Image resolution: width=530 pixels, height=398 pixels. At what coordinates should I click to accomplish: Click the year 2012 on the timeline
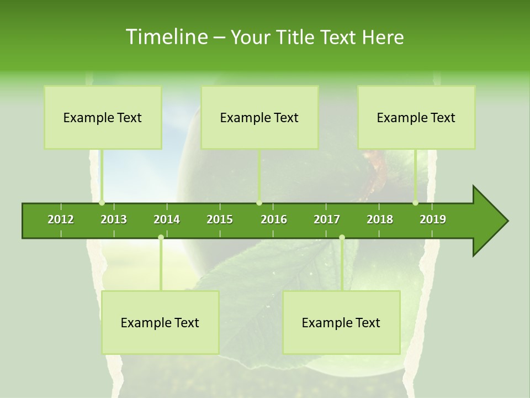[61, 219]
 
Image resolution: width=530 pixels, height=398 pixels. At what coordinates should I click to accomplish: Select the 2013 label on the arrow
[114, 219]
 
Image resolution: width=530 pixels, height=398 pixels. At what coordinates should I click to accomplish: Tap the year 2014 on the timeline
[167, 219]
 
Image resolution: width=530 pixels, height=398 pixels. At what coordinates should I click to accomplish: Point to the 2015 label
[220, 219]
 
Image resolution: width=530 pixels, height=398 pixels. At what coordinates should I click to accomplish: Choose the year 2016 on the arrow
[274, 219]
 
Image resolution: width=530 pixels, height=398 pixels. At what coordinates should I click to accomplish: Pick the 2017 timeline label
[327, 219]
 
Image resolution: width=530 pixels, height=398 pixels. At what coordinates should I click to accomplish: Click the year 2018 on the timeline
[380, 219]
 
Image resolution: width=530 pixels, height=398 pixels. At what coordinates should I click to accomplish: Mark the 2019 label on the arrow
[433, 219]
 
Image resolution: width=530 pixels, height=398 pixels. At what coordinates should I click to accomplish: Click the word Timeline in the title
[166, 37]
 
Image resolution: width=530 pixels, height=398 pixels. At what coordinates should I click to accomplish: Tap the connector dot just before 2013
[102, 203]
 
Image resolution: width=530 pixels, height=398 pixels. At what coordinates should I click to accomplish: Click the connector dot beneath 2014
[161, 237]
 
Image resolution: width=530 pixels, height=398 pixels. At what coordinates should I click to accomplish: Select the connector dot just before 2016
[259, 203]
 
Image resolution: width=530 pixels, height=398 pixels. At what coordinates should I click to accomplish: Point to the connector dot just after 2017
[342, 237]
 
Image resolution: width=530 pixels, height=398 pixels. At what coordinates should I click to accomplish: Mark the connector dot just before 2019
[415, 203]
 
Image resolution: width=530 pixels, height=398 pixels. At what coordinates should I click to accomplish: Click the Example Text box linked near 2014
[160, 322]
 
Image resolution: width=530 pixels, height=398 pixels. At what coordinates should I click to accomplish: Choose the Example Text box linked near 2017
[341, 322]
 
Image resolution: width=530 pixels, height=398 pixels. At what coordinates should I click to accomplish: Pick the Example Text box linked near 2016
[259, 117]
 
